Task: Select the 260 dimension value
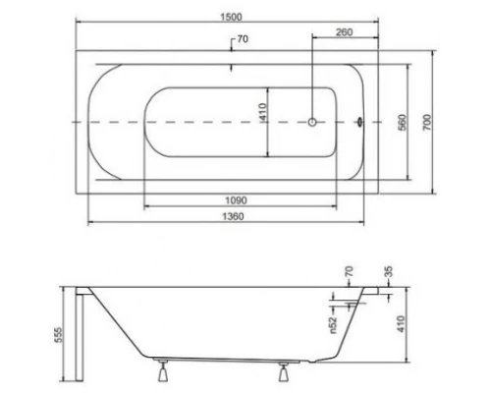pos(344,32)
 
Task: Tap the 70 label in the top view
pos(241,40)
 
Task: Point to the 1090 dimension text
pos(229,199)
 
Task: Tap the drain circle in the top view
pos(312,123)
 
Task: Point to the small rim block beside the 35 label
pos(377,291)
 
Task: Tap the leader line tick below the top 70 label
pos(230,69)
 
